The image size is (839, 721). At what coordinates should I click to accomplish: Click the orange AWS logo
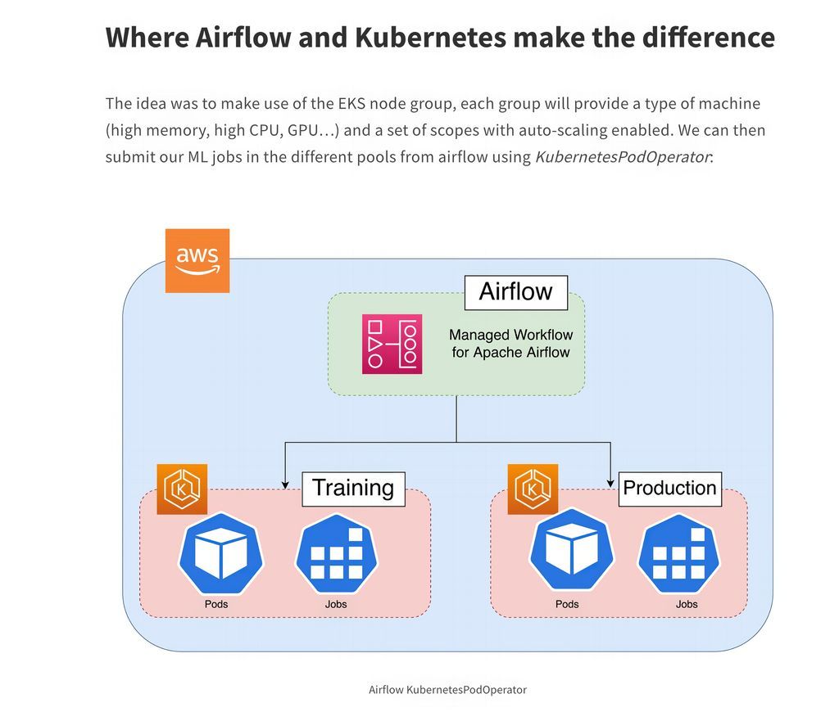click(197, 260)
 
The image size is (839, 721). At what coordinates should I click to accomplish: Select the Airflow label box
click(516, 292)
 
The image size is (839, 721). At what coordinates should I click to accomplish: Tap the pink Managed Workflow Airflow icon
click(392, 344)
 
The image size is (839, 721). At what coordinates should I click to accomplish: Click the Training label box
click(353, 489)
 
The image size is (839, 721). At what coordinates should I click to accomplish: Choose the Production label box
click(669, 489)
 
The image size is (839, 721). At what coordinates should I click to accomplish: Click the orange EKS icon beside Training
click(182, 489)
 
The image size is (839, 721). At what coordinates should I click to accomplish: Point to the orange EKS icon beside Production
click(533, 489)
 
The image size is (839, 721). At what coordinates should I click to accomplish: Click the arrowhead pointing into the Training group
click(285, 483)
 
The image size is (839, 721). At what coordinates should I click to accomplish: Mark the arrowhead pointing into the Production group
click(611, 483)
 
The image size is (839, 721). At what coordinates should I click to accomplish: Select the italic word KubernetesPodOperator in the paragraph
click(622, 156)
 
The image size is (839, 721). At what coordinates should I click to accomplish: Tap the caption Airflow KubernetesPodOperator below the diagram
click(447, 690)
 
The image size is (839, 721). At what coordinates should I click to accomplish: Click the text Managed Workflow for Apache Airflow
click(511, 344)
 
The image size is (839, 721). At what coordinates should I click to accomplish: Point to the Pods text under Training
click(216, 604)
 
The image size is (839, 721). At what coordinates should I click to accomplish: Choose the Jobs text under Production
click(687, 604)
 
